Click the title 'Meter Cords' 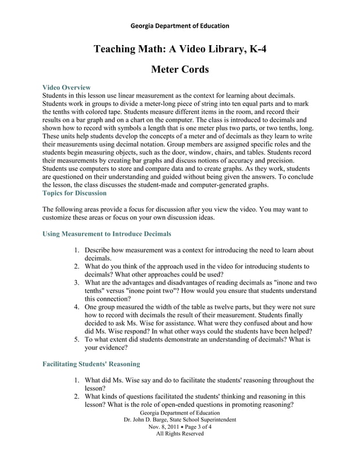[180, 70]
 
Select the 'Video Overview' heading [67, 87]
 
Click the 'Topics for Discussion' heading [74, 193]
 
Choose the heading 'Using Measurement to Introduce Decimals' [107, 233]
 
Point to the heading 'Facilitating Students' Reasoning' [91, 364]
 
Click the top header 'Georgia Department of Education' [179, 26]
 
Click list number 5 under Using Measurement [77, 340]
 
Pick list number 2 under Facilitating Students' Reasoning [77, 396]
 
